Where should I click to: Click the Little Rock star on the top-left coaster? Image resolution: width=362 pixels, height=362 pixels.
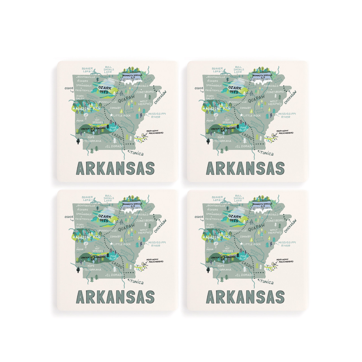click(x=111, y=115)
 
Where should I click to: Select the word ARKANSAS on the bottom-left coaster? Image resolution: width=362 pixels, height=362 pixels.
click(x=116, y=297)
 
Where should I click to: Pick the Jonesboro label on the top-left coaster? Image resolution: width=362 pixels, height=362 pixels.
click(x=145, y=92)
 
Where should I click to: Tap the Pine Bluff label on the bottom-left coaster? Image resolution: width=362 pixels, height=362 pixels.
click(x=114, y=257)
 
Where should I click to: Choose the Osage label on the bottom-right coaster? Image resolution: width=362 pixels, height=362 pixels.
click(x=199, y=217)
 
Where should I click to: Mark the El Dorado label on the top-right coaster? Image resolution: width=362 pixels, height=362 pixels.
click(x=245, y=146)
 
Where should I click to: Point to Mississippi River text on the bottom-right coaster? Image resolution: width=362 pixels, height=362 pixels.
click(x=287, y=244)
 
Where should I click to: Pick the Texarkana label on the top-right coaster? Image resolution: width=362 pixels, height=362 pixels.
click(x=223, y=141)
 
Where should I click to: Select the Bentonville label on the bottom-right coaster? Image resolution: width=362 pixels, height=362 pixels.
click(x=217, y=206)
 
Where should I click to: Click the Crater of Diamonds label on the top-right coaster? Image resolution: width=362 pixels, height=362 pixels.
click(x=223, y=129)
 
